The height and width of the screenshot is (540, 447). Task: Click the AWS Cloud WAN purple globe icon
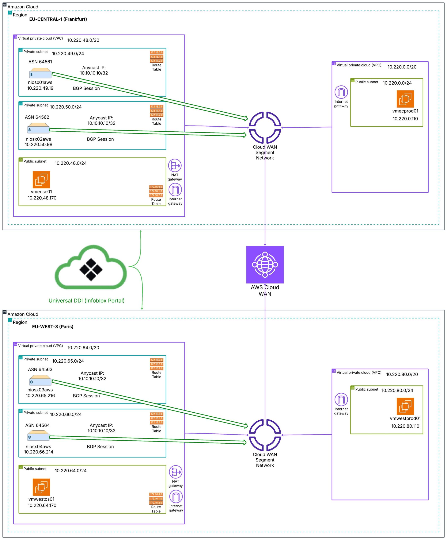(x=265, y=265)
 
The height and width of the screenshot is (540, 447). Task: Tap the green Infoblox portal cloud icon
(x=91, y=267)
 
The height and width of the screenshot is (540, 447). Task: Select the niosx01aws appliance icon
(x=40, y=73)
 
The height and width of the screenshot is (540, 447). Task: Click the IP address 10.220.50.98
(x=39, y=144)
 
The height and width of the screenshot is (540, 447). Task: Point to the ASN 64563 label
(x=40, y=369)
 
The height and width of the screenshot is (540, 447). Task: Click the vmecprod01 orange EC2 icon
(x=405, y=99)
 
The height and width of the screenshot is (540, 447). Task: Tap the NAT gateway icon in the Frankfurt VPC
(x=175, y=165)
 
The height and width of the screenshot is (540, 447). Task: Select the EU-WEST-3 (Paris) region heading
(x=53, y=327)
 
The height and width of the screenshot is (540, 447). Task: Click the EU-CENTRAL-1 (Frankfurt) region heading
(x=58, y=19)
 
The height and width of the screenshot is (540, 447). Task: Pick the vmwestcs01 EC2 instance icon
(x=41, y=487)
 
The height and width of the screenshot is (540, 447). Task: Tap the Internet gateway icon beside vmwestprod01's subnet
(x=341, y=399)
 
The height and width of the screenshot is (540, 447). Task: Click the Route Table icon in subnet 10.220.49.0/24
(x=156, y=57)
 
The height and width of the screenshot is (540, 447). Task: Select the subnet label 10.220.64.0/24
(x=71, y=471)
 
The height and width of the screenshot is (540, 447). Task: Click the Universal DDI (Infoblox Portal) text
(x=87, y=301)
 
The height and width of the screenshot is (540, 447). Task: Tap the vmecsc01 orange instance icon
(x=41, y=180)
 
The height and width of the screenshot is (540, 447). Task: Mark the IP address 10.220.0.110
(x=405, y=119)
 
